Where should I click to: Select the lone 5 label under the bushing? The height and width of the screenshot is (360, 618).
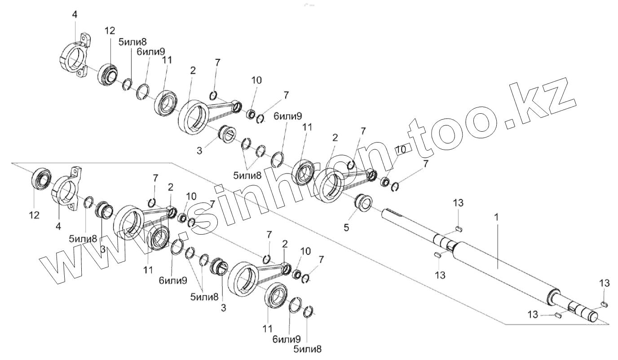(x=346, y=227)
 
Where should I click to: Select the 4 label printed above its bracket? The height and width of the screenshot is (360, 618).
(x=75, y=15)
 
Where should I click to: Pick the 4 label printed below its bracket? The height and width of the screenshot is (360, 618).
(x=58, y=227)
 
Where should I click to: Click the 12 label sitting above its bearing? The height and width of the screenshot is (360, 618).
(x=110, y=31)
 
